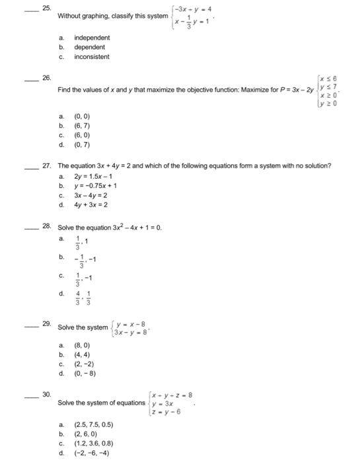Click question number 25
46,9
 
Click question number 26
46,78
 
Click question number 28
46,226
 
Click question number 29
46,325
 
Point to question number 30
46,393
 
